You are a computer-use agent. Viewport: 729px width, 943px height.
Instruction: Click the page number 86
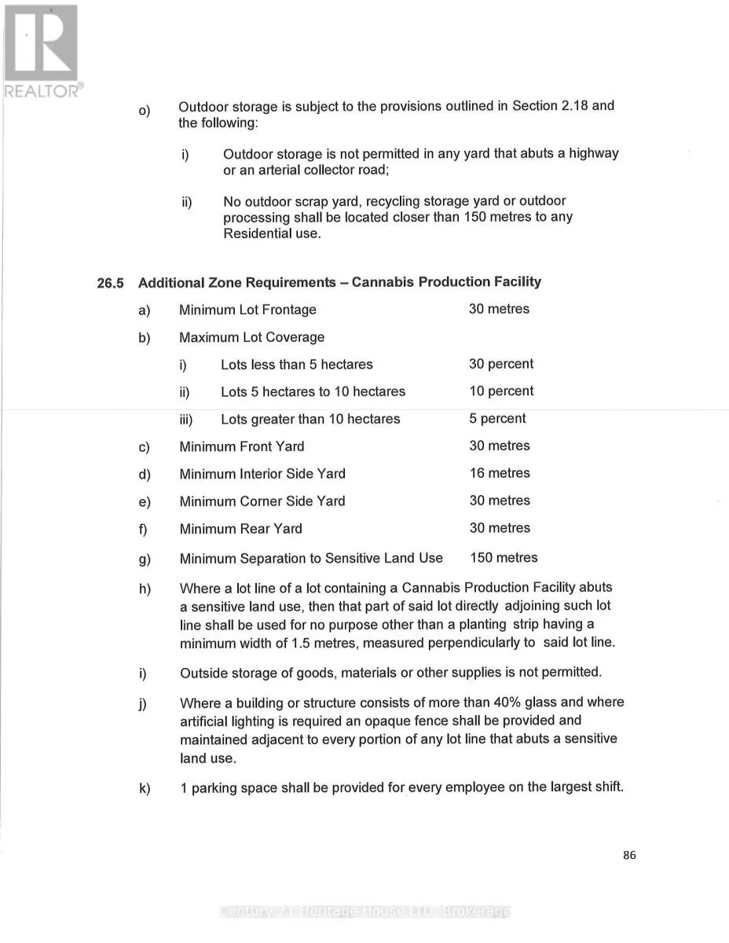pos(629,856)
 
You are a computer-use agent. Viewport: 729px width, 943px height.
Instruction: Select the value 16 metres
pos(500,473)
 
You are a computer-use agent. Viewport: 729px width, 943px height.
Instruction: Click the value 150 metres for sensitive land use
pos(504,558)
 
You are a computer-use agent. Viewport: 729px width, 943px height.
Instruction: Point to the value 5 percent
pos(497,419)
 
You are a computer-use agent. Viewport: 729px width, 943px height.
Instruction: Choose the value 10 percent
pos(501,391)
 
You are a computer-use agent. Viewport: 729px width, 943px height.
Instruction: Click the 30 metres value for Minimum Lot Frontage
pos(499,309)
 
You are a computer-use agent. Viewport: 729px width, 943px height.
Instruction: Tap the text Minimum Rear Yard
pos(240,529)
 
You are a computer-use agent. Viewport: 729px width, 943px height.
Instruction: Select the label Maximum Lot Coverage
pos(251,337)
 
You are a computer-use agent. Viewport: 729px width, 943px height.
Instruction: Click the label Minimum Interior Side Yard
pos(262,474)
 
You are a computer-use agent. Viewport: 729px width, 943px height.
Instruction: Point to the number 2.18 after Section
pos(575,106)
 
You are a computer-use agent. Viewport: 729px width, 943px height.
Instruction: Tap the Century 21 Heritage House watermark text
pos(365,912)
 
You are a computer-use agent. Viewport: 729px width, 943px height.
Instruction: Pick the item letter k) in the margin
pos(145,788)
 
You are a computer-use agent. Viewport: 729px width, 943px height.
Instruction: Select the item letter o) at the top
pos(144,110)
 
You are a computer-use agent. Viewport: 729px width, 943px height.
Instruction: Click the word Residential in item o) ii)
pos(257,234)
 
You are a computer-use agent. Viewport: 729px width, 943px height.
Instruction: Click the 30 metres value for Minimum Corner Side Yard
pos(500,501)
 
